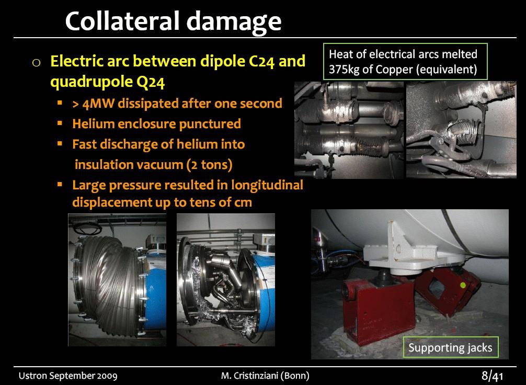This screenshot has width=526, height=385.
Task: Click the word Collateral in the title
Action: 122,21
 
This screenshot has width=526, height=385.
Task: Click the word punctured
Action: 210,124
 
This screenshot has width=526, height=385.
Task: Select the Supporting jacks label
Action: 450,347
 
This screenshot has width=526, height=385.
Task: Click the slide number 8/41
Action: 493,376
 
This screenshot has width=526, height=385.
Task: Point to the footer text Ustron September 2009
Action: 68,376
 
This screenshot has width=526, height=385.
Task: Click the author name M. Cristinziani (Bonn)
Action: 265,376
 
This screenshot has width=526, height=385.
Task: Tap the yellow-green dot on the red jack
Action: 463,285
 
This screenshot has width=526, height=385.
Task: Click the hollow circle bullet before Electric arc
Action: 37,62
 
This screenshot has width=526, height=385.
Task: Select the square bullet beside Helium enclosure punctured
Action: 60,123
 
